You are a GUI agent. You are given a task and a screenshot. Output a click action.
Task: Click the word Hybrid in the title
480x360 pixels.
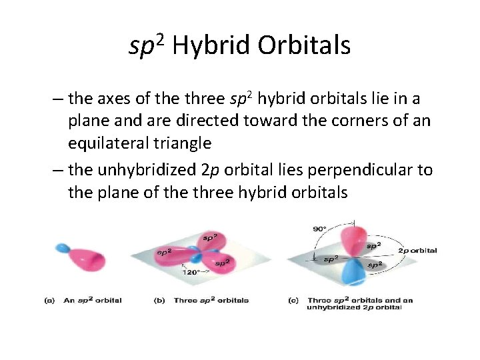click(x=214, y=45)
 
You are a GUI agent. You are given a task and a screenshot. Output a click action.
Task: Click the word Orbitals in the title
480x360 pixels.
click(x=305, y=45)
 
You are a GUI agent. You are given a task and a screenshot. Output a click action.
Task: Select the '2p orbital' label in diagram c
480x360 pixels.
click(x=417, y=251)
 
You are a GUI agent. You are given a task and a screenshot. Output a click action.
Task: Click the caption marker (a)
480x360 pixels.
click(x=49, y=300)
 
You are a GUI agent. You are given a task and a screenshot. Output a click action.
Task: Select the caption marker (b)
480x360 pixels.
click(x=159, y=300)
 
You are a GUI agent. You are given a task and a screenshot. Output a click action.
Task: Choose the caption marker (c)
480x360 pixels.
click(x=293, y=300)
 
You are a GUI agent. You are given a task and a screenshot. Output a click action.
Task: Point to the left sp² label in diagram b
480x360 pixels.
click(x=164, y=252)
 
